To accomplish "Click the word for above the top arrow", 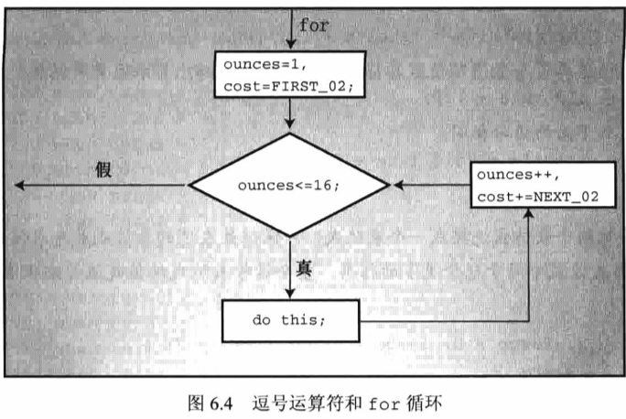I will (313, 26).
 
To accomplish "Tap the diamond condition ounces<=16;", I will (290, 187).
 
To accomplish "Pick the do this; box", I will (289, 321).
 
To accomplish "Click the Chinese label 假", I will (103, 171).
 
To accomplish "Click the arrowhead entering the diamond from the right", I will (399, 187).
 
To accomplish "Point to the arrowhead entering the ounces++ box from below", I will (529, 215).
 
